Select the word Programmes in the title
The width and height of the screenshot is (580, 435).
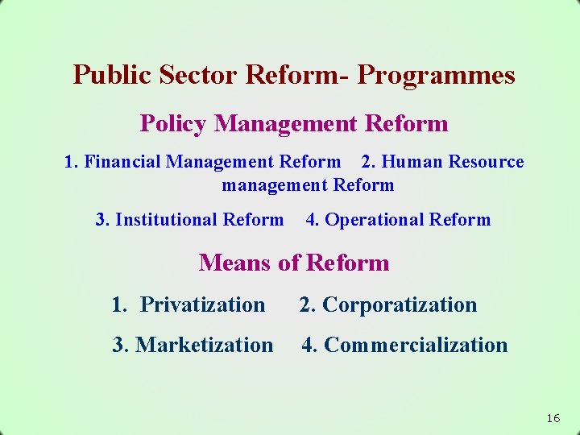click(x=436, y=75)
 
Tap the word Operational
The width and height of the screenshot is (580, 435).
click(x=375, y=220)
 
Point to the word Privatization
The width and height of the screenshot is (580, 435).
click(x=202, y=304)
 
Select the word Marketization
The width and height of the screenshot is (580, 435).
click(x=205, y=345)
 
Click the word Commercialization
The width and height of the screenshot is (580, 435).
click(x=416, y=345)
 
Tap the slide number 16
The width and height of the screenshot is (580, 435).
click(x=553, y=418)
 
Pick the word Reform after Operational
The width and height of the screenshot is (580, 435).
click(x=460, y=220)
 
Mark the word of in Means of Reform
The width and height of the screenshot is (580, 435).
click(x=290, y=263)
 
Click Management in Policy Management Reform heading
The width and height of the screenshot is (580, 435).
click(x=286, y=124)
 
